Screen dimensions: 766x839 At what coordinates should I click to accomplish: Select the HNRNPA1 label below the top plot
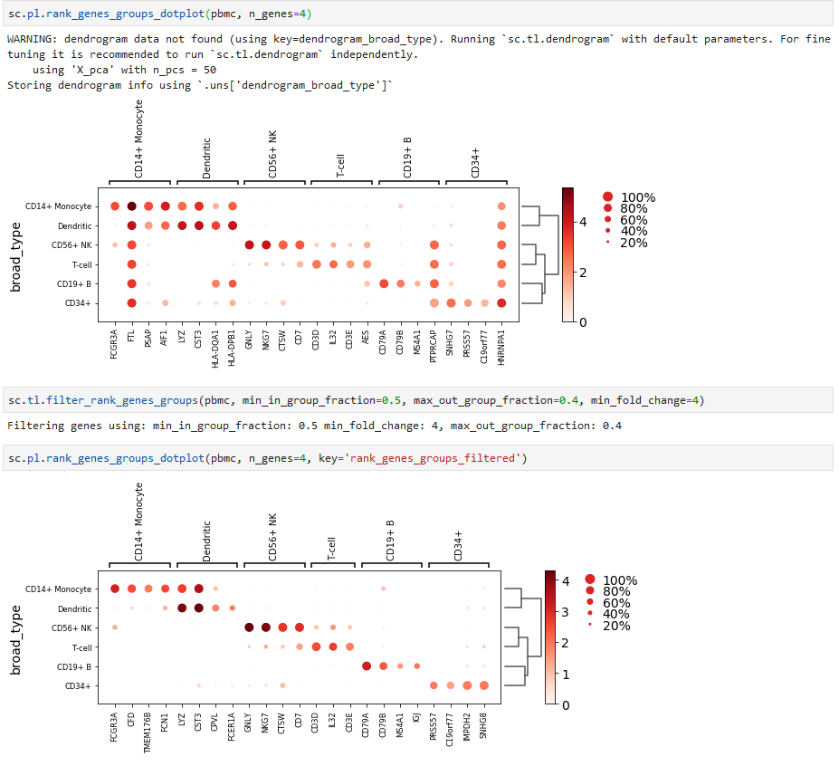click(501, 345)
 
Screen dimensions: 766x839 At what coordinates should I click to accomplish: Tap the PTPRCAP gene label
click(434, 345)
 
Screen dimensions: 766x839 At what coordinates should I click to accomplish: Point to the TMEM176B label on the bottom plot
click(148, 729)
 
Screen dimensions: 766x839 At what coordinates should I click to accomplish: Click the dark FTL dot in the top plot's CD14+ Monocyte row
click(131, 206)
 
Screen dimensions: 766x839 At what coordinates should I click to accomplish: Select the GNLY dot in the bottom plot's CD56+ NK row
click(249, 627)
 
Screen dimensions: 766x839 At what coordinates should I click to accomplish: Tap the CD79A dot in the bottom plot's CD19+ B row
click(367, 666)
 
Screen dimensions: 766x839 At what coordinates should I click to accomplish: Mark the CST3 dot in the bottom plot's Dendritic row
click(198, 608)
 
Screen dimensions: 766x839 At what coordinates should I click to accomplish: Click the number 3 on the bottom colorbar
click(566, 612)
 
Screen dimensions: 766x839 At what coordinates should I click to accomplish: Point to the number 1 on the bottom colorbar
click(566, 674)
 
